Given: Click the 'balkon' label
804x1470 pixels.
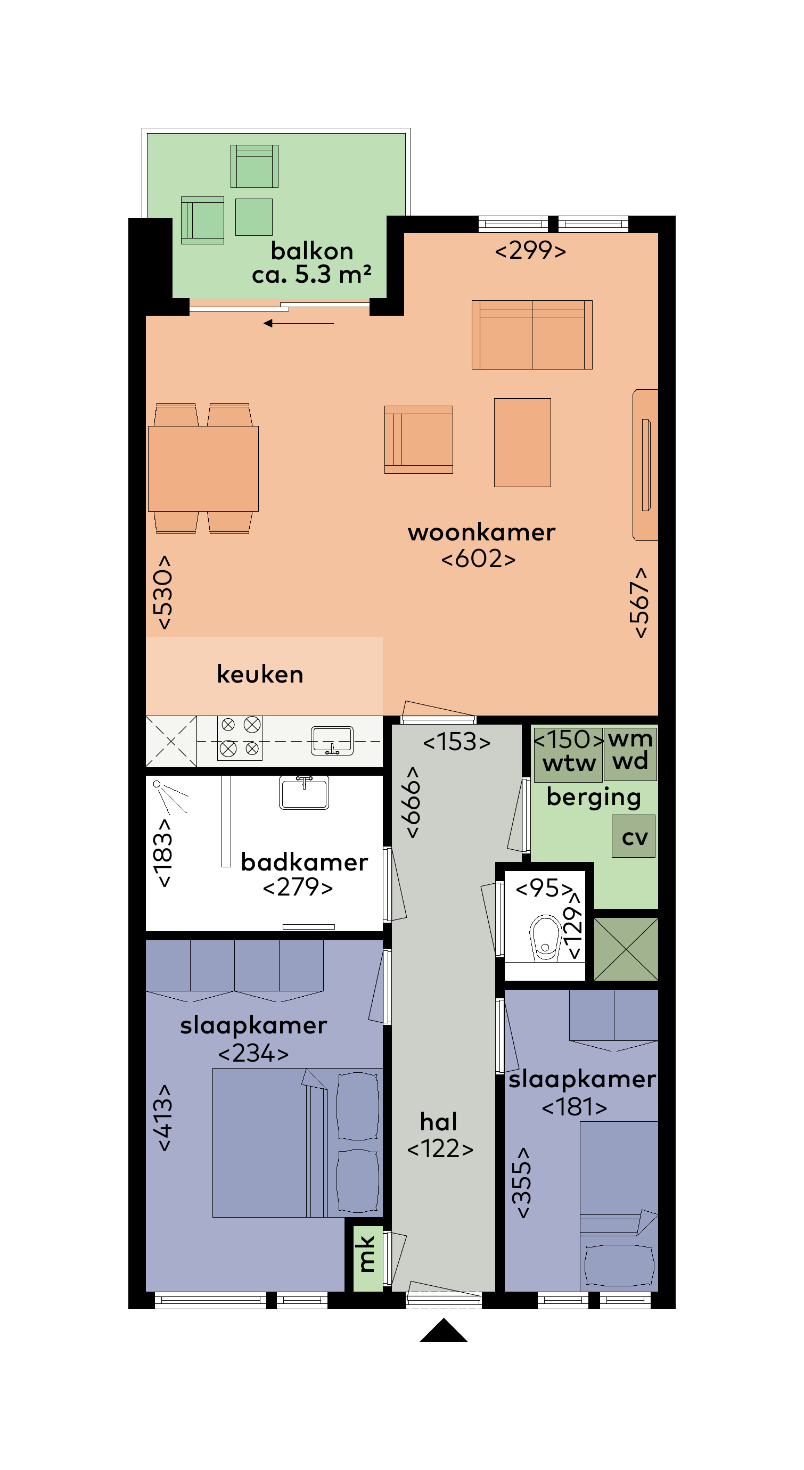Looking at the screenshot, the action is point(311,251).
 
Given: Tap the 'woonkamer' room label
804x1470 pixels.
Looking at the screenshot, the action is point(481,532).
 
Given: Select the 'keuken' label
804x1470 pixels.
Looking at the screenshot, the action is point(260,674).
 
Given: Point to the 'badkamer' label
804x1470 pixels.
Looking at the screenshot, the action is point(304,861).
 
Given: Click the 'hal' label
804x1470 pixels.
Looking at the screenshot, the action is point(438,1121).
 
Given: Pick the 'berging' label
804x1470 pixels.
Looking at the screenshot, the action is point(594,797).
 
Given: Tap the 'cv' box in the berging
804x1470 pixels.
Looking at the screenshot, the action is point(634,836).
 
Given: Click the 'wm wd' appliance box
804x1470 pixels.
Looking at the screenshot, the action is point(630,754).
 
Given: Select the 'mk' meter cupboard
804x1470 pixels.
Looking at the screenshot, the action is point(367,1258).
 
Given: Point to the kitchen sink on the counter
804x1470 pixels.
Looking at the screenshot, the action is point(332,741).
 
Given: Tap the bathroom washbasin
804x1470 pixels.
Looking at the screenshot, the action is point(304,793).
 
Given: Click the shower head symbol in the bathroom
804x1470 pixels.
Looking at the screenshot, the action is point(157,784).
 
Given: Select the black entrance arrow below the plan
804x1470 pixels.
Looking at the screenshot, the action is point(444,1331).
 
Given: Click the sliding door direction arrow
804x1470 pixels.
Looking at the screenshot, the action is point(298,324).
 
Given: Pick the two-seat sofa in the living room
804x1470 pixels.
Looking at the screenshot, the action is point(532,335).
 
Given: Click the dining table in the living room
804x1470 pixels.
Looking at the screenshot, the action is point(203,469).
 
